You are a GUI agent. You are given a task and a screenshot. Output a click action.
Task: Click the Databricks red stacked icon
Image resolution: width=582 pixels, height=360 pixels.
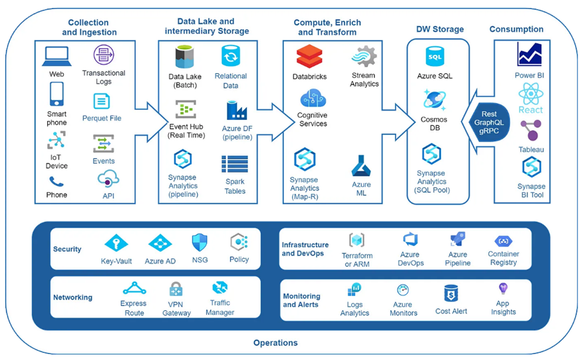tap(309, 57)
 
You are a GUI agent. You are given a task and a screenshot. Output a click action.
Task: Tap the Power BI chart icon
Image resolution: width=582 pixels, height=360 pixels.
tap(529, 55)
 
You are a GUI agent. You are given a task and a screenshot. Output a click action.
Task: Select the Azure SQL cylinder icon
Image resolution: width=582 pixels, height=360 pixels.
tap(434, 57)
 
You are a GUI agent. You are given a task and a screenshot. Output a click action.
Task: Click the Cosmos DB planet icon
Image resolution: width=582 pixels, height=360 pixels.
tap(434, 100)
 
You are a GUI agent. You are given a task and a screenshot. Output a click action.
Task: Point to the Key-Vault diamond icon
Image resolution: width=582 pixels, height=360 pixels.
tap(116, 244)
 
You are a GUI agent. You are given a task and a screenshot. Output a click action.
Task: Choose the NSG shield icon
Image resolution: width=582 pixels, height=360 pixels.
tap(200, 243)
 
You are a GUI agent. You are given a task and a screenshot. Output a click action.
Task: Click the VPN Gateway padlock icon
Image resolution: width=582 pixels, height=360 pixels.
tap(176, 289)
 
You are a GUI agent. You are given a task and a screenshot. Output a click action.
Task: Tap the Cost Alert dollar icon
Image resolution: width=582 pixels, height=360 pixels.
tap(451, 294)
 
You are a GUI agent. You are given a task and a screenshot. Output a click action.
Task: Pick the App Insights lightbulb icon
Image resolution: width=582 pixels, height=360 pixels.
tap(503, 288)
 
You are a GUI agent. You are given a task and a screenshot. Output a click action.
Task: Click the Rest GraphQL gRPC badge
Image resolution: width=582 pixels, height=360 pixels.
tap(488, 122)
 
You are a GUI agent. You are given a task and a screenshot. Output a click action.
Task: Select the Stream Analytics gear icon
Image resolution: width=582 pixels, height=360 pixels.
tap(364, 57)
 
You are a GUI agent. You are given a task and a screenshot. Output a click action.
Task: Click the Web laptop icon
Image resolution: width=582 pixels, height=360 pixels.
tap(57, 57)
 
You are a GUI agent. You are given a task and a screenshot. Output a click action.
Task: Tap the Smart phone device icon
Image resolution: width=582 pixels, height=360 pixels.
tap(57, 94)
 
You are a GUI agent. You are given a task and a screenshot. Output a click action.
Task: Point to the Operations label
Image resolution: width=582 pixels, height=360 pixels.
tap(275, 343)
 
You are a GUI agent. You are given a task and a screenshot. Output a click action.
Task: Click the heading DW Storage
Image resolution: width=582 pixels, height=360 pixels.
tap(440, 29)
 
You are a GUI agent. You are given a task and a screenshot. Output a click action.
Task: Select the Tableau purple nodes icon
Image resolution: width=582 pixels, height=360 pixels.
tap(531, 130)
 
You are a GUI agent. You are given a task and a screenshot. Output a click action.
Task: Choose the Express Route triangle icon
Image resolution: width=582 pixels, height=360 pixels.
tap(134, 288)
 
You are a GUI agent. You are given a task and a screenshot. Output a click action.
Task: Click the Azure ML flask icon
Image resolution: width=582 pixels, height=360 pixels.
tap(361, 166)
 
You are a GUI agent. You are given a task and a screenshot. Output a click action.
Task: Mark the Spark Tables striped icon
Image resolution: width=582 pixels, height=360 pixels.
tap(235, 164)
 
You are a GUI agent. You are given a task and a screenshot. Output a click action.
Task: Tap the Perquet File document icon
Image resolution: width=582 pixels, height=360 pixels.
tap(101, 101)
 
